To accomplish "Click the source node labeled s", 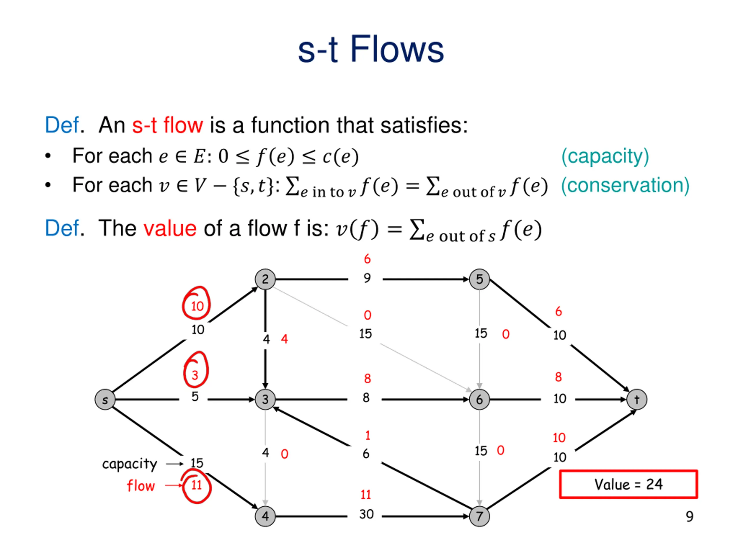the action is [x=105, y=399].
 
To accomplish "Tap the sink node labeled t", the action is [x=637, y=399].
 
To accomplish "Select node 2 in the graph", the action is [x=265, y=279].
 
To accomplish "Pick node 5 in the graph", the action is [x=479, y=279].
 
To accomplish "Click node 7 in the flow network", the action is [x=479, y=516].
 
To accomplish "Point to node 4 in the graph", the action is [x=265, y=516].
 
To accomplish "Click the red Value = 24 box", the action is [x=628, y=484].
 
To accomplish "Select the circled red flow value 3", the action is [x=196, y=369].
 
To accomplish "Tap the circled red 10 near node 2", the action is [x=196, y=303].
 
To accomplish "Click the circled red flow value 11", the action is [x=196, y=486].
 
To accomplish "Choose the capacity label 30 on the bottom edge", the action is [x=366, y=514].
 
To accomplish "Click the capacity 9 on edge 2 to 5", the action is [x=367, y=278].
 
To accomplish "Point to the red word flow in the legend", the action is [x=141, y=486].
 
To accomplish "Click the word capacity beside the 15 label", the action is [x=129, y=464].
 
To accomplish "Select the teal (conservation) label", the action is [x=625, y=185].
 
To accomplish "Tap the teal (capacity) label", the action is [x=605, y=156].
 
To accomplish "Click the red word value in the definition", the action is [x=170, y=229].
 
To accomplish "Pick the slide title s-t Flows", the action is [x=371, y=49].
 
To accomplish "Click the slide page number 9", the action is [x=690, y=516].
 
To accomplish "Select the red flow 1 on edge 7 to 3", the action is [x=368, y=435].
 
